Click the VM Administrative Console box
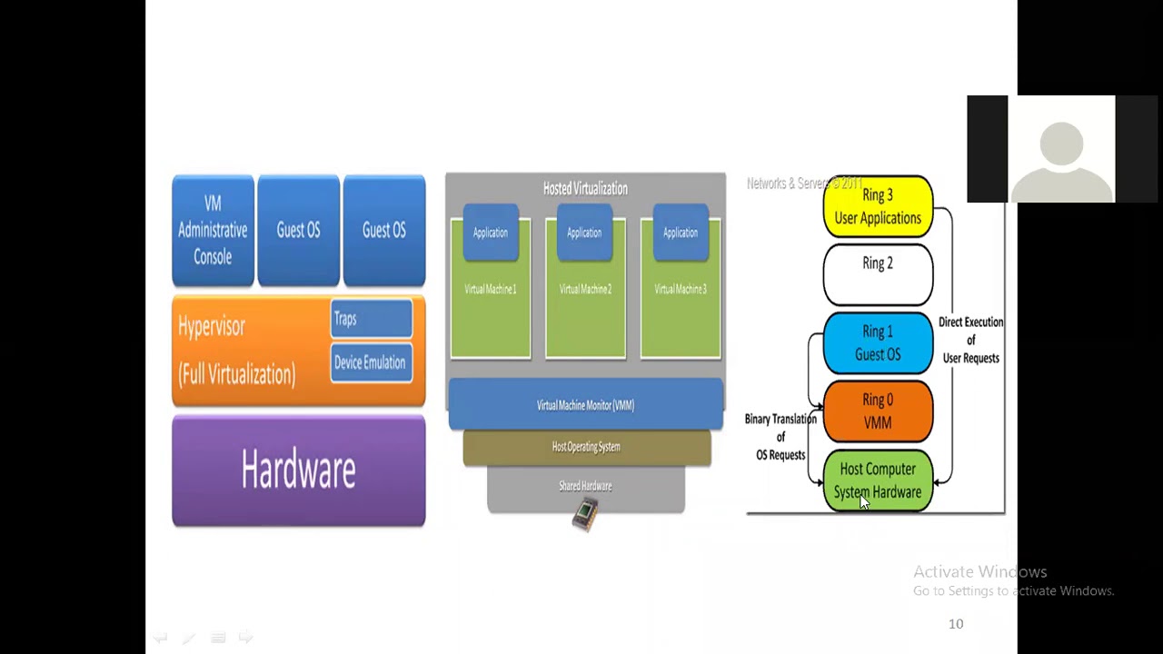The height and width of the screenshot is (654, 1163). click(x=213, y=230)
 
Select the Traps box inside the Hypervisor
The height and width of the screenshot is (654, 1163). click(x=371, y=319)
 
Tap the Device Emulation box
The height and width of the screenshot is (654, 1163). click(x=371, y=362)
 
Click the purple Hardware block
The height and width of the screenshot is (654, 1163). click(x=298, y=471)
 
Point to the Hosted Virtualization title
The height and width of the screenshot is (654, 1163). click(x=585, y=188)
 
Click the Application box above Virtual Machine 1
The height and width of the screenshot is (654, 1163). click(x=490, y=233)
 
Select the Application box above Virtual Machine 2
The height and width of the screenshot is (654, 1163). click(x=584, y=233)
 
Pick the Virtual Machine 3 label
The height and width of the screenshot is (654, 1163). click(x=680, y=289)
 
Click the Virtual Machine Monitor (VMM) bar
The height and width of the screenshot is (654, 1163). click(x=585, y=405)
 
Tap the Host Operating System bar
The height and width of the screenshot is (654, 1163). click(x=586, y=447)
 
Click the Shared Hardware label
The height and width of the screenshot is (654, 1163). click(x=585, y=486)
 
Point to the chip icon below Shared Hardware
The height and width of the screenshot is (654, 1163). click(x=586, y=515)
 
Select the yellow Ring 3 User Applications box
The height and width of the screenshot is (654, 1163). click(x=878, y=207)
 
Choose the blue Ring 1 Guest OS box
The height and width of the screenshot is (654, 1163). click(x=878, y=342)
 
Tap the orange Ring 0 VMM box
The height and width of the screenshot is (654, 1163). click(x=878, y=411)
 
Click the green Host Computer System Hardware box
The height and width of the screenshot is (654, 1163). click(x=878, y=481)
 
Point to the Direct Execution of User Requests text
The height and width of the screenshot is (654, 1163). click(x=970, y=340)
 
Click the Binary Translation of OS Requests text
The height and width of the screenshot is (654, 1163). click(x=780, y=437)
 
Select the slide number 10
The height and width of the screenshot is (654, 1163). click(x=956, y=624)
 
